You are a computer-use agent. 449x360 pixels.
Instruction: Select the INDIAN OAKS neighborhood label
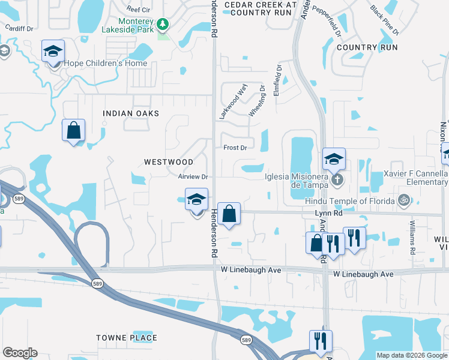pyautogui.click(x=131, y=113)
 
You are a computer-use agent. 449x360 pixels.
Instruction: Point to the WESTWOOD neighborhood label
pyautogui.click(x=169, y=162)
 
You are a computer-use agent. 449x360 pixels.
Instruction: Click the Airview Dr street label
pyautogui.click(x=193, y=177)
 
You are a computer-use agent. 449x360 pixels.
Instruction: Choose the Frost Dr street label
pyautogui.click(x=235, y=148)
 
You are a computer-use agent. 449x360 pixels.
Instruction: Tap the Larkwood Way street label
pyautogui.click(x=234, y=101)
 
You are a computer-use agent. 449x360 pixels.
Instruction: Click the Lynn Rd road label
pyautogui.click(x=328, y=212)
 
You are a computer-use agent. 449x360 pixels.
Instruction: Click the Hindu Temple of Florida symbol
pyautogui.click(x=405, y=200)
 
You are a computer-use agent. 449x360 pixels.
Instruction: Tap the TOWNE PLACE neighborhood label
pyautogui.click(x=127, y=338)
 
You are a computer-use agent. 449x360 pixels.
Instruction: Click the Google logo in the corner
pyautogui.click(x=20, y=353)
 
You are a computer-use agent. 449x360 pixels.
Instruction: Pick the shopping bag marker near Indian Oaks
pyautogui.click(x=73, y=130)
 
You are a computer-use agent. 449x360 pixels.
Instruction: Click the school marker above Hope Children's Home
pyautogui.click(x=53, y=51)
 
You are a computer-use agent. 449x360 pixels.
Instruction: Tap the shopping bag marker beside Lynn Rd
pyautogui.click(x=229, y=214)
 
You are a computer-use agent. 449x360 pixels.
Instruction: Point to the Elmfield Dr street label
pyautogui.click(x=277, y=81)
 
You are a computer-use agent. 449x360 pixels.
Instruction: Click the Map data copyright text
pyautogui.click(x=412, y=355)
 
